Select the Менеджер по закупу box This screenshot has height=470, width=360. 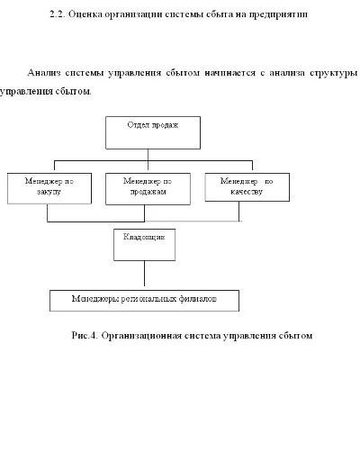click(x=47, y=187)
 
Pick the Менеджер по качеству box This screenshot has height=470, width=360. click(x=239, y=186)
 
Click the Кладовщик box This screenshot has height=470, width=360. click(x=144, y=244)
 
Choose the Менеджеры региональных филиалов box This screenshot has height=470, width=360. click(x=144, y=299)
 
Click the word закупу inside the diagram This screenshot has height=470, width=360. click(x=47, y=193)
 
